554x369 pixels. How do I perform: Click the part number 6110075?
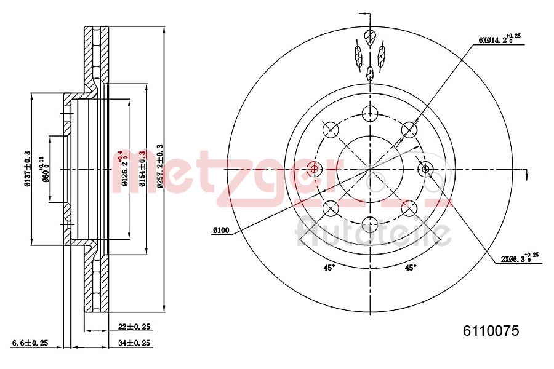[x=491, y=331]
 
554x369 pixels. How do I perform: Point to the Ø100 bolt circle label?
[x=220, y=230]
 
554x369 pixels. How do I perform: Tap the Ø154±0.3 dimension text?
[x=142, y=168]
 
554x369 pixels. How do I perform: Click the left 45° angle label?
[x=329, y=267]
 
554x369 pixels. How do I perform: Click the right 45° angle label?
[x=410, y=267]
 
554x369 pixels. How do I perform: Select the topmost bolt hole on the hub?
[x=370, y=113]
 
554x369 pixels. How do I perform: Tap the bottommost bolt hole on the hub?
[x=370, y=225]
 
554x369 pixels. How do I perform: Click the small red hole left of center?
[x=315, y=169]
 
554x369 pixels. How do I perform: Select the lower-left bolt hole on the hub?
[x=331, y=208]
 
